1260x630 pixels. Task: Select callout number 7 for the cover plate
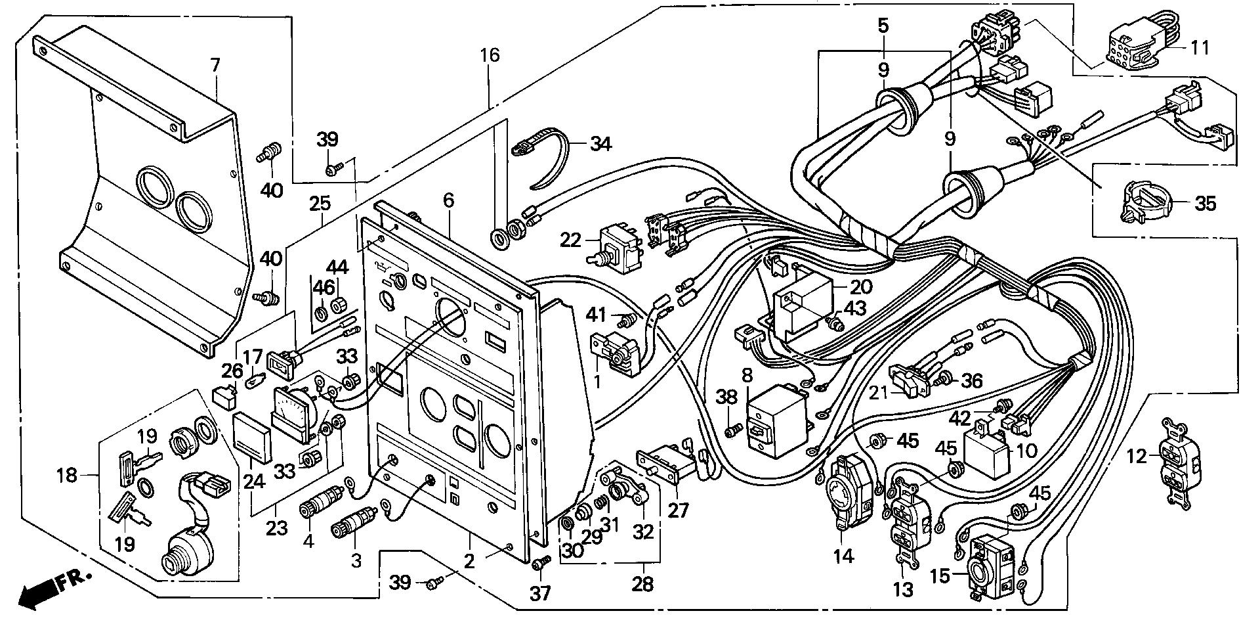click(215, 64)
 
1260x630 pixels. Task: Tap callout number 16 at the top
click(490, 55)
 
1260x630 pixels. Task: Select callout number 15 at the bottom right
click(939, 577)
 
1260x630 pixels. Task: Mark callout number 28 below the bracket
click(642, 584)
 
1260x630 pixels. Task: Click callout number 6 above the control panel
click(448, 200)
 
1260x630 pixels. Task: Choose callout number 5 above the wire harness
click(883, 26)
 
